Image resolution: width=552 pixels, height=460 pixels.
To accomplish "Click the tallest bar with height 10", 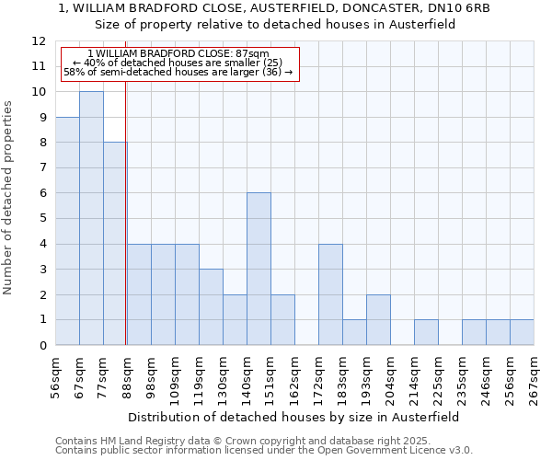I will tap(91, 218).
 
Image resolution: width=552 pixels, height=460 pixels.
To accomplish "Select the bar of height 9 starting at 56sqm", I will tap(67, 231).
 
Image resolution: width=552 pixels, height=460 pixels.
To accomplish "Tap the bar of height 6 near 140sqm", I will tap(259, 269).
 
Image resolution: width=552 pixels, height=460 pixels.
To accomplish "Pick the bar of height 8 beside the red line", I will tap(114, 244).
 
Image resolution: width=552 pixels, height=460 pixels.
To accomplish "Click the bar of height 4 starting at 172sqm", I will tap(330, 294).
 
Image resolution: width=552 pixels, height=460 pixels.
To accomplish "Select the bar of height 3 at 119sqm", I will tap(211, 306).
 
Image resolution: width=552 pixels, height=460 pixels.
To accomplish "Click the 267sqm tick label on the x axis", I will tap(535, 377).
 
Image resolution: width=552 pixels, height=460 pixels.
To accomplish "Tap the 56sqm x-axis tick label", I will tap(56, 377).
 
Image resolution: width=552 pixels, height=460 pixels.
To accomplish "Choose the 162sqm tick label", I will tap(295, 377).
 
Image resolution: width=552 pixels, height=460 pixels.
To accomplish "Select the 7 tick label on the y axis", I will tap(42, 168).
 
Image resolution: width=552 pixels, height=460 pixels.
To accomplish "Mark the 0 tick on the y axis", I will tap(42, 346).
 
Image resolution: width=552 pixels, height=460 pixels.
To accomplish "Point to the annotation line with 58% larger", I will tap(178, 72).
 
